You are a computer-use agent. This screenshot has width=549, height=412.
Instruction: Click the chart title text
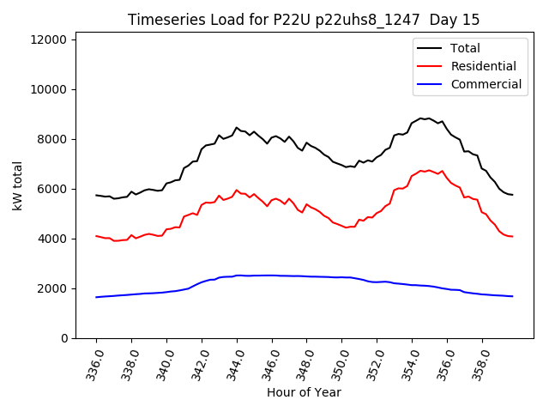pyautogui.click(x=304, y=20)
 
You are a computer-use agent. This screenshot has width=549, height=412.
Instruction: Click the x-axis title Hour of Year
pyautogui.click(x=304, y=392)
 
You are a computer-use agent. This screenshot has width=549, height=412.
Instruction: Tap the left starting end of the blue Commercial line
pyautogui.click(x=96, y=297)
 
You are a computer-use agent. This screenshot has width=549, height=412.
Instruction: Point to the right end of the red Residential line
pyautogui.click(x=512, y=236)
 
